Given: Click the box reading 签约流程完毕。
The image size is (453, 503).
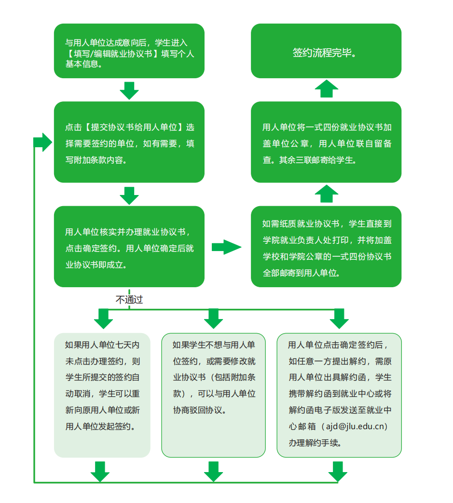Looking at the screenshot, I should click(326, 51).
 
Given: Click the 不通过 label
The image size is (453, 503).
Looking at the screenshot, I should click(129, 300).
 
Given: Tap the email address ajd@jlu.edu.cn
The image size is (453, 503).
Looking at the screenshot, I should click(357, 426).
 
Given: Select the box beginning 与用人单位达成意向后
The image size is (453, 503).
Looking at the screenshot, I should click(129, 51).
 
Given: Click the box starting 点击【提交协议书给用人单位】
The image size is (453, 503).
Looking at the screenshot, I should click(129, 142).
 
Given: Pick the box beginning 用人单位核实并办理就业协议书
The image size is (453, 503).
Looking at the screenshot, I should click(129, 247).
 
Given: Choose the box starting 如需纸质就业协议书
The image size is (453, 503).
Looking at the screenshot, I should click(326, 247).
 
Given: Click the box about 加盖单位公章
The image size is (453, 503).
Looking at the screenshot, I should click(326, 142).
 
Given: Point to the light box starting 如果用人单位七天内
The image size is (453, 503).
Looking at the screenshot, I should click(102, 395).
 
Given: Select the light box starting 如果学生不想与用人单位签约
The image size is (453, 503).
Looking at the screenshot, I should click(213, 395).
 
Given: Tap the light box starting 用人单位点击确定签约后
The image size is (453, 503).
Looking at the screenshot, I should click(339, 395).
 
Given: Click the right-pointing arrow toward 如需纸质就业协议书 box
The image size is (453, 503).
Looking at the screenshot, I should click(226, 247).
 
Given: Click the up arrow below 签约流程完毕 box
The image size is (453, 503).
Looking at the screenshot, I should click(327, 89).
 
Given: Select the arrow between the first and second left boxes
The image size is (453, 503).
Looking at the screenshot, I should click(129, 90).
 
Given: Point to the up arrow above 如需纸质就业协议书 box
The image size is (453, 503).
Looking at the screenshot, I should click(327, 194).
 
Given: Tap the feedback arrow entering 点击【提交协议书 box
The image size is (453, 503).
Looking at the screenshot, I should click(43, 142).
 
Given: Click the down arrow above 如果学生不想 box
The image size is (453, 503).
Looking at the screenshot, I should click(213, 319).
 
